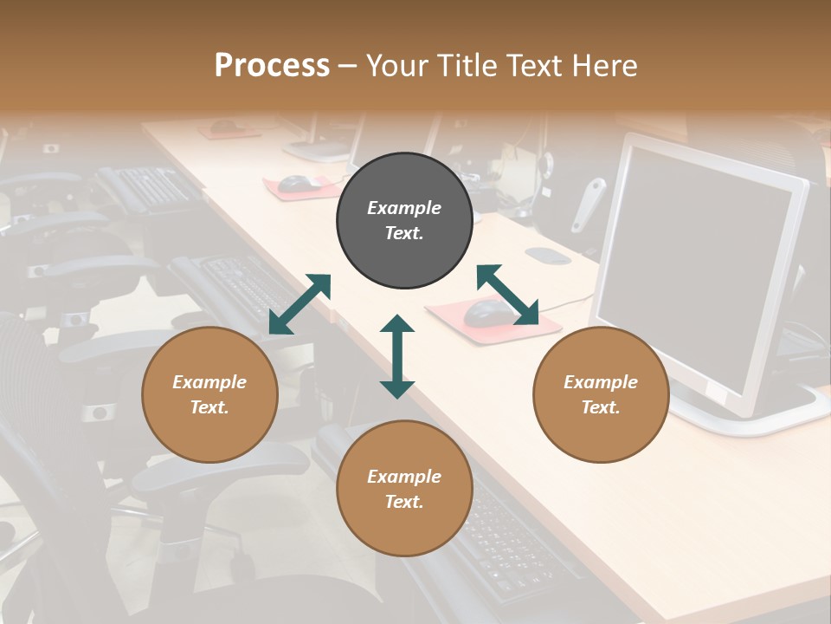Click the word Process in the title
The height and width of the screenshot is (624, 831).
click(x=272, y=65)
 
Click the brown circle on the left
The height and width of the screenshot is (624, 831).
click(x=209, y=394)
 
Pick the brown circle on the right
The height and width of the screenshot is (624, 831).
click(x=601, y=394)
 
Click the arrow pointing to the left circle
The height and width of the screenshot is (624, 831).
click(x=300, y=304)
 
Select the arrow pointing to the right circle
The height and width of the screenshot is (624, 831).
click(x=507, y=296)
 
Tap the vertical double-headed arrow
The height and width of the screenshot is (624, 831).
click(x=397, y=356)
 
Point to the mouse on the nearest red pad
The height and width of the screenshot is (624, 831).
click(x=485, y=313)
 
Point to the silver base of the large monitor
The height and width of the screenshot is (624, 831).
click(x=744, y=416)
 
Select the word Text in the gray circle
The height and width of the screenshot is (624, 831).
click(x=404, y=233)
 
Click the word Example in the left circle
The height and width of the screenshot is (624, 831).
click(x=209, y=382)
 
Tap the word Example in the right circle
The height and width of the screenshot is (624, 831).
click(x=601, y=382)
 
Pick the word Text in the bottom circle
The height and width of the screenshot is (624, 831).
click(x=404, y=502)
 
